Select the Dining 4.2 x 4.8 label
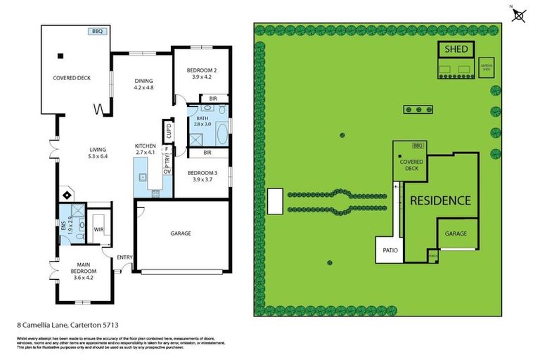pos(143,84)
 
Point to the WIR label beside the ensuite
pos(99,229)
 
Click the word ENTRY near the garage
pos(125,257)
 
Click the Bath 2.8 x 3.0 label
pos(202,121)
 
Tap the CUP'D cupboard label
pos(168,131)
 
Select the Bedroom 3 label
pos(201,176)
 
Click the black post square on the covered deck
pos(60,56)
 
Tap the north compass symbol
pos(519,15)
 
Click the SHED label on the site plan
pos(457,49)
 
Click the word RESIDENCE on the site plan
pos(440,200)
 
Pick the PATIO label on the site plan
pos(387,249)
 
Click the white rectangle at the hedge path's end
pos(276,200)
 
